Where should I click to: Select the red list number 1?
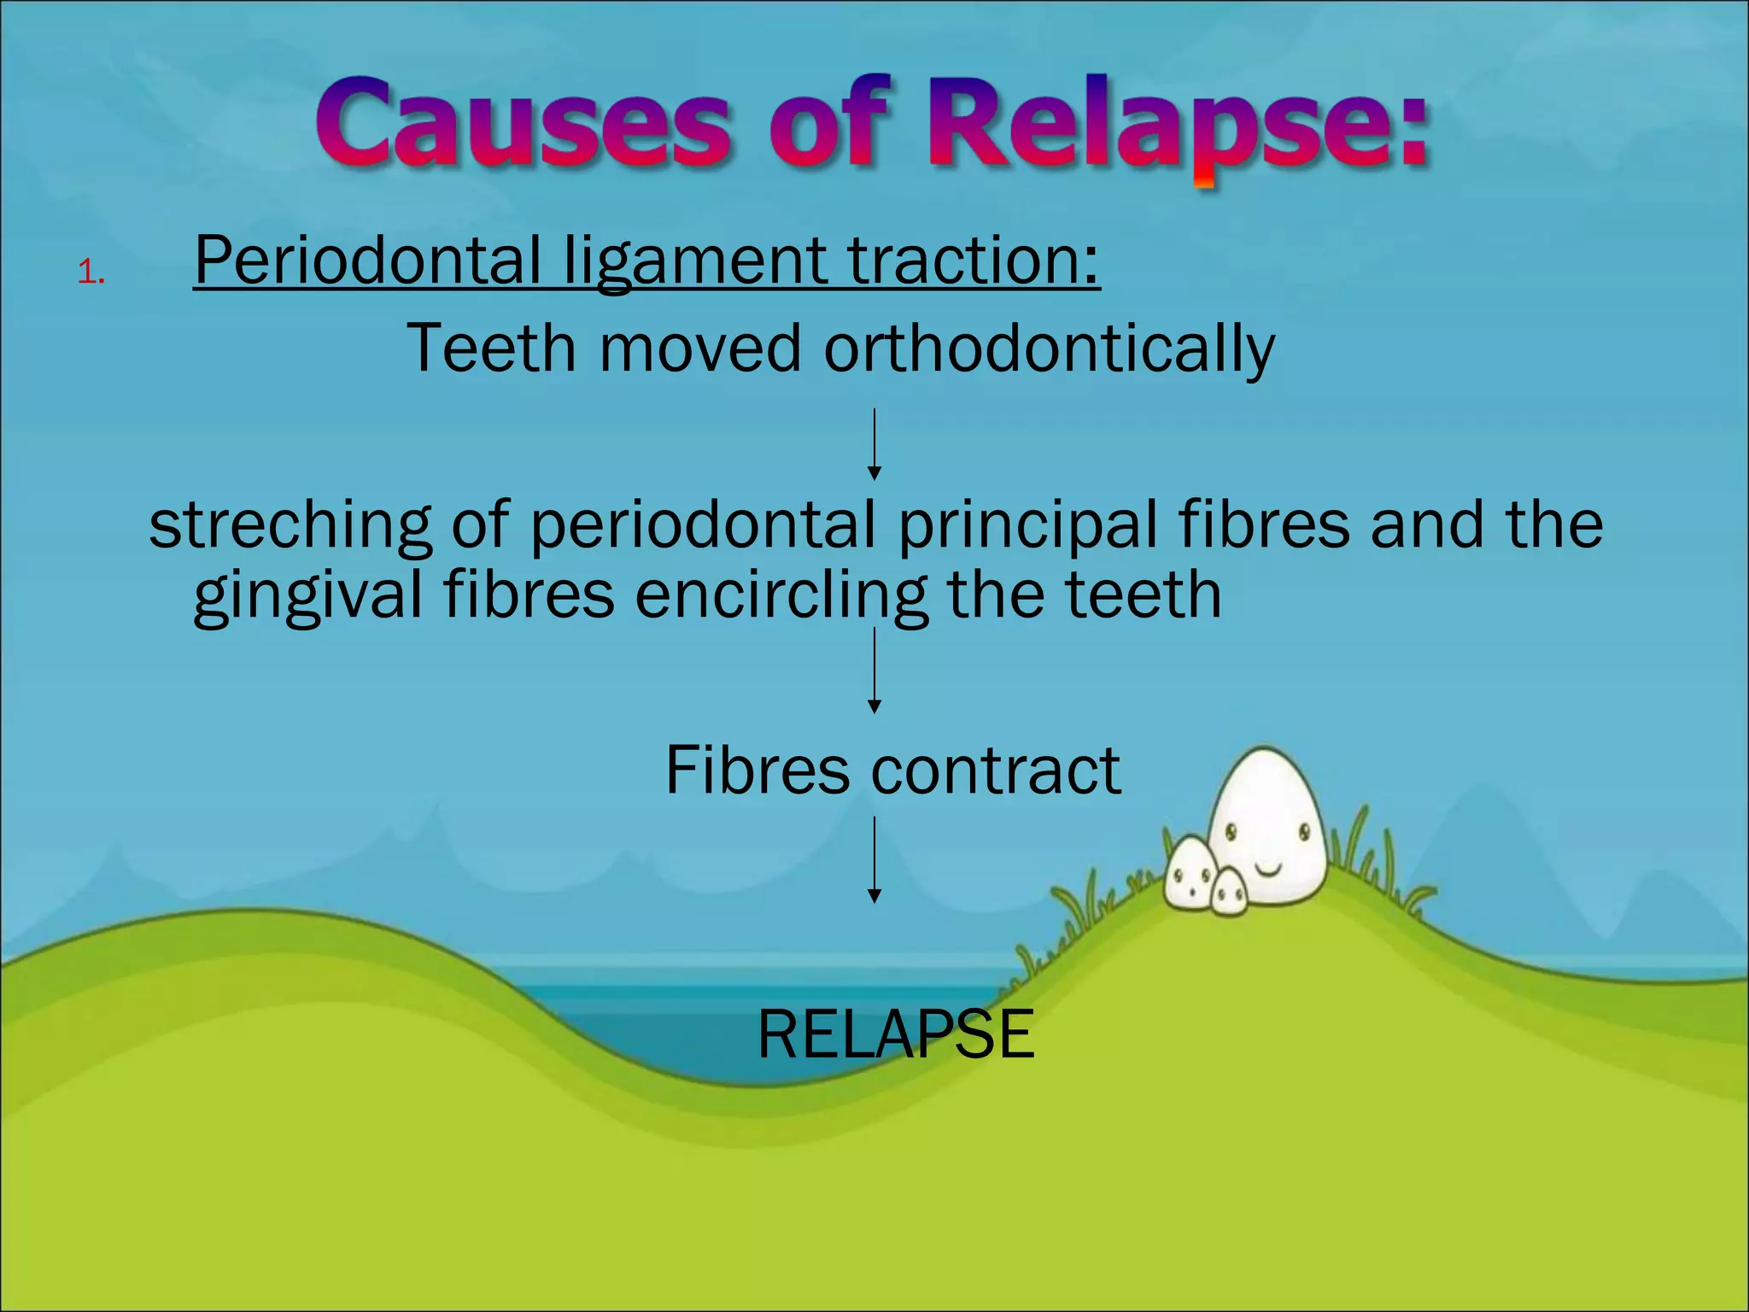(90, 273)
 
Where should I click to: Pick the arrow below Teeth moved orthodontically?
(874, 444)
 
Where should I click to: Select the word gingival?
(307, 596)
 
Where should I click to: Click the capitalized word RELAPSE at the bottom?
(896, 1034)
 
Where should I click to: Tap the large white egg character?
(1268, 820)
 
